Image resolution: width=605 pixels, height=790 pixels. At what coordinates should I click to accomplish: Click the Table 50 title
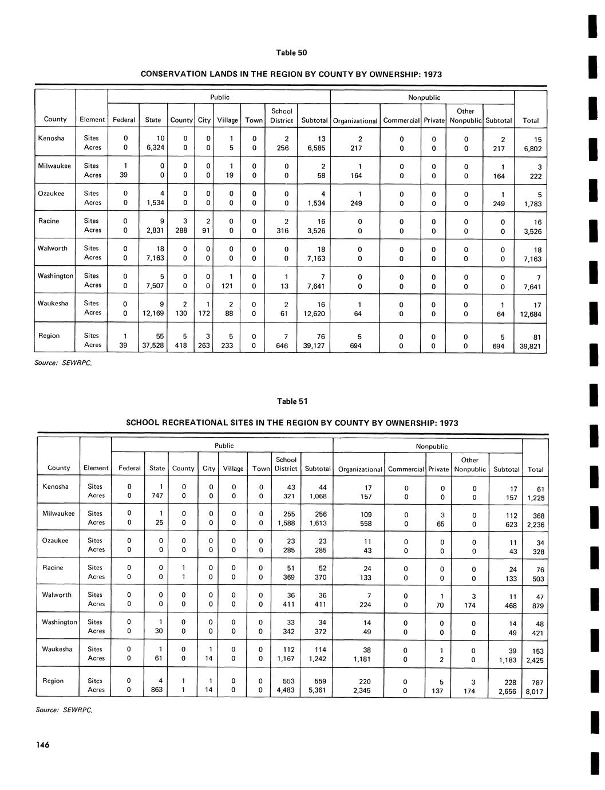point(291,53)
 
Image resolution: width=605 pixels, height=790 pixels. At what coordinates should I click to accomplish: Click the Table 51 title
point(292,401)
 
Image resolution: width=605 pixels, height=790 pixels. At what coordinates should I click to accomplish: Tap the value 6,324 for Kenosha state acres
point(156,148)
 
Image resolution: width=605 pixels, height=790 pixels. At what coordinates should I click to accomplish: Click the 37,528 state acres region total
point(153,345)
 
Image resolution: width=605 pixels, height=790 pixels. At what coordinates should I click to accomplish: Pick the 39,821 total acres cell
point(530,347)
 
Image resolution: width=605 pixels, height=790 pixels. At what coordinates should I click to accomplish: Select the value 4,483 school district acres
point(285,690)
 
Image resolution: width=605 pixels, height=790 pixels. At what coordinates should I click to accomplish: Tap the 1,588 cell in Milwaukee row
point(286,523)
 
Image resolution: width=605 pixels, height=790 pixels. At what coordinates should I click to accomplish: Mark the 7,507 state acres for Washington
point(156,285)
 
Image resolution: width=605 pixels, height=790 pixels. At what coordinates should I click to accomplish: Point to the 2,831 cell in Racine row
point(156,230)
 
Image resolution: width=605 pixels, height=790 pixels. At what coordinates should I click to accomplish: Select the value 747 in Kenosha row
point(157,496)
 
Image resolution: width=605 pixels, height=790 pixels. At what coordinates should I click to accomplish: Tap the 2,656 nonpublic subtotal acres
point(506,691)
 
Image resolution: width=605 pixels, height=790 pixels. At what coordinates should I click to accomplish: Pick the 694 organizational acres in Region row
point(355,345)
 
